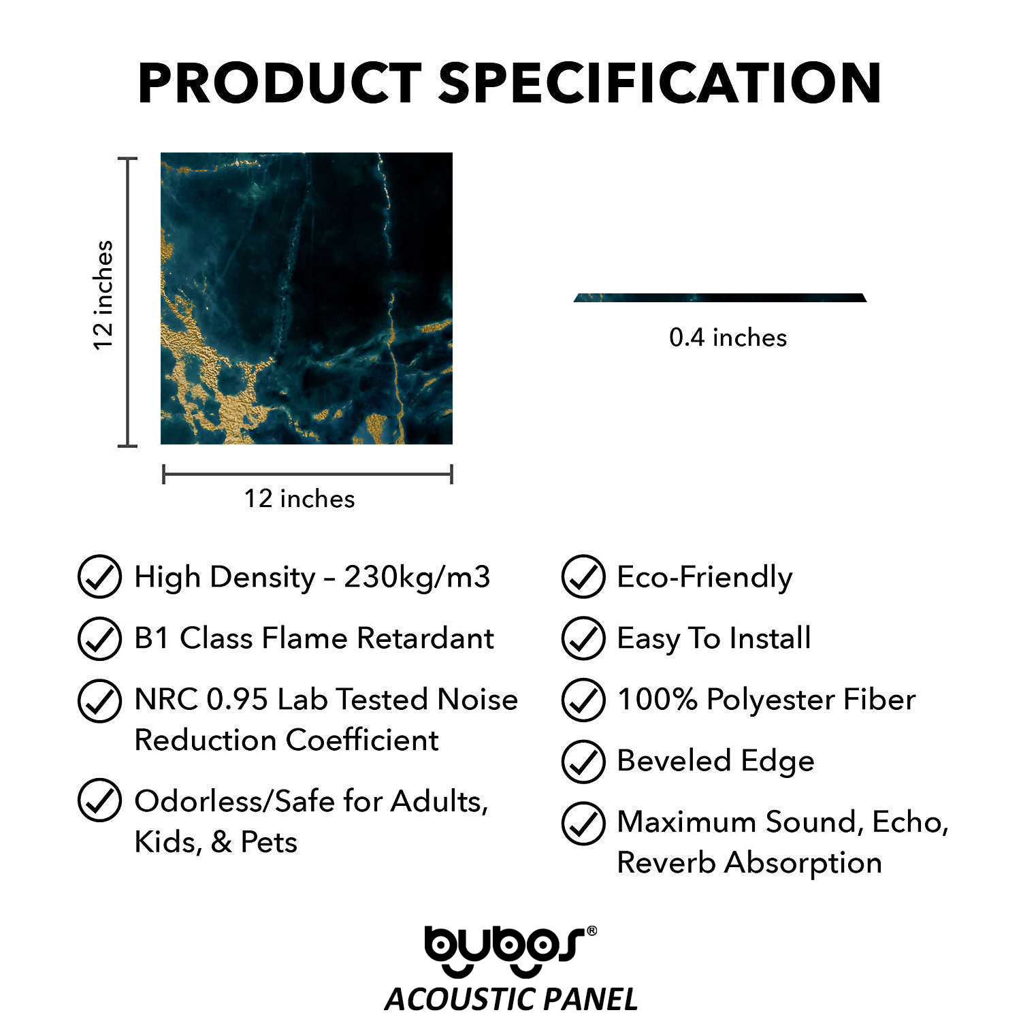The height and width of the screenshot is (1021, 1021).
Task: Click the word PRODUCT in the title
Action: click(x=280, y=83)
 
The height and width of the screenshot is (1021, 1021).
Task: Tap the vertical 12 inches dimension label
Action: click(x=103, y=295)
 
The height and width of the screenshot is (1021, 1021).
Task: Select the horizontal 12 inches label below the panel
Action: click(x=299, y=499)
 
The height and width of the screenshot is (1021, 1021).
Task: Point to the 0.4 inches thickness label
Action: click(x=728, y=338)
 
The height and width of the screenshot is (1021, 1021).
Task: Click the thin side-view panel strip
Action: click(x=720, y=297)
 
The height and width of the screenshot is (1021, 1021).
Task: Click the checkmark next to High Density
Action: click(x=100, y=577)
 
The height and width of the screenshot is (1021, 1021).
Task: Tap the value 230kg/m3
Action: click(x=417, y=577)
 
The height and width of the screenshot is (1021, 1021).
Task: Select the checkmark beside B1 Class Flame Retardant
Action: click(x=100, y=638)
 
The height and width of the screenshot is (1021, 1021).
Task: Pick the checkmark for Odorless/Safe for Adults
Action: click(x=100, y=800)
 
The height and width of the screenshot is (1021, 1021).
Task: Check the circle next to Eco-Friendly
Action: click(x=583, y=577)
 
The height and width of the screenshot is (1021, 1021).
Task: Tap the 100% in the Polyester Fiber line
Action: click(x=657, y=700)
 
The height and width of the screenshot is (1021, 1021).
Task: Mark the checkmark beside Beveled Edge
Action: click(x=583, y=761)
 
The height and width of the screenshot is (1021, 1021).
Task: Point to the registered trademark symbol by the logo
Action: click(x=591, y=930)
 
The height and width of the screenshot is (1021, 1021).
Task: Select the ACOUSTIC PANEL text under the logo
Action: click(x=511, y=999)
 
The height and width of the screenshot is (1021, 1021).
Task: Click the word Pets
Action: click(x=270, y=843)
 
